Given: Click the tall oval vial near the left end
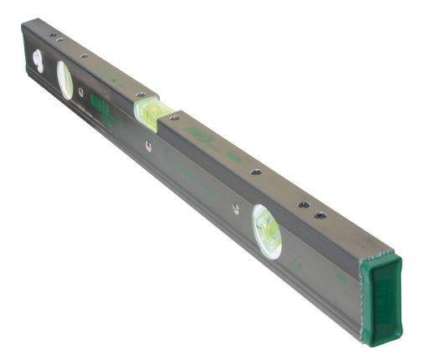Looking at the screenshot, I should pyautogui.click(x=64, y=80).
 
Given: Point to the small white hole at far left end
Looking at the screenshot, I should pyautogui.click(x=37, y=60).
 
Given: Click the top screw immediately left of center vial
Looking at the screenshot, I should pyautogui.click(x=140, y=95).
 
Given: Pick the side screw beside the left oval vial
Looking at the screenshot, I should pyautogui.click(x=81, y=93).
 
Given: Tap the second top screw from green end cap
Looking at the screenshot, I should pyautogui.click(x=304, y=204).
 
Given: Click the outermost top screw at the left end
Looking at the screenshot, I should pyautogui.click(x=52, y=35).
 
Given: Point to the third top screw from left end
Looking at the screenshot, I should pyautogui.click(x=85, y=58).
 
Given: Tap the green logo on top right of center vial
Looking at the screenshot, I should pyautogui.click(x=197, y=134).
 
